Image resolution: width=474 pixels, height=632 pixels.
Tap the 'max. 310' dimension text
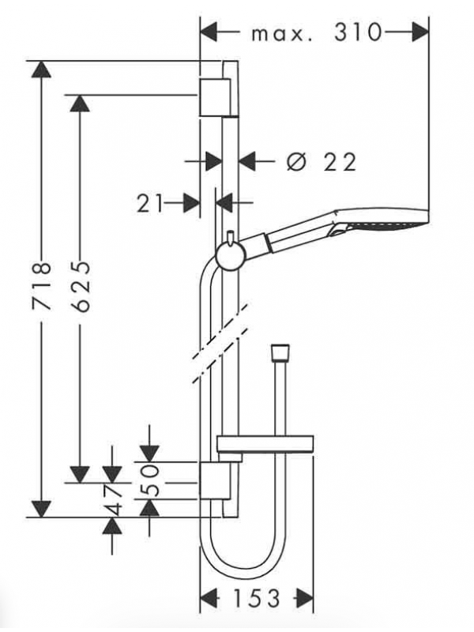(314, 32)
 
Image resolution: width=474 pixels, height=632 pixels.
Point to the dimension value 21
(150, 203)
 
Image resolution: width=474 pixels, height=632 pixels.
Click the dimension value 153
(257, 599)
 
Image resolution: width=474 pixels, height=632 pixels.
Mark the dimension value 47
(114, 501)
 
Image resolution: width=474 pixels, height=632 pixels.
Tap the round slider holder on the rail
(228, 256)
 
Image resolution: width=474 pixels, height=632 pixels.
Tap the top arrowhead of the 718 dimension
(42, 70)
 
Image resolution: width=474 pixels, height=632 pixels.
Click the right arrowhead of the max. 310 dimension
(419, 32)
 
